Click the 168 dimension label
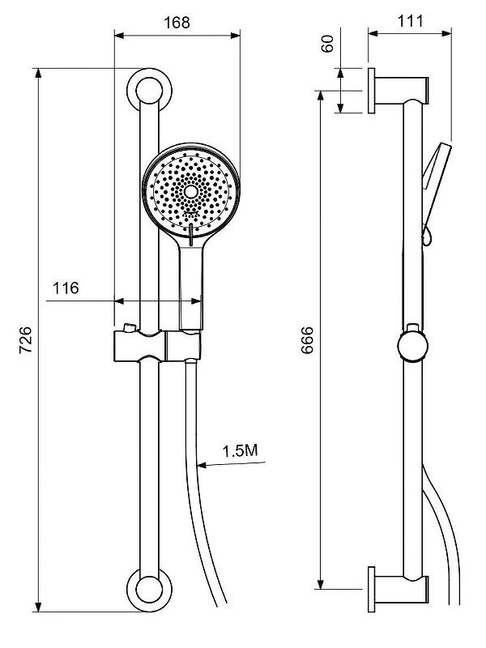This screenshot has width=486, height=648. coord(177,23)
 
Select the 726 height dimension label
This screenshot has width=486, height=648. coord(26,339)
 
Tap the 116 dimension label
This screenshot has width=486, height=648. coord(66,288)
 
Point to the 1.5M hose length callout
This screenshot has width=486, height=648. coord(240,450)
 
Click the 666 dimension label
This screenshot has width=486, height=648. coord(308,340)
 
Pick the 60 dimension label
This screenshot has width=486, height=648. coord(327,44)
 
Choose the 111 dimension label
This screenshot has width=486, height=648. coord(411,21)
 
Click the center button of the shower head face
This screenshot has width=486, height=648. coord(191,191)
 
